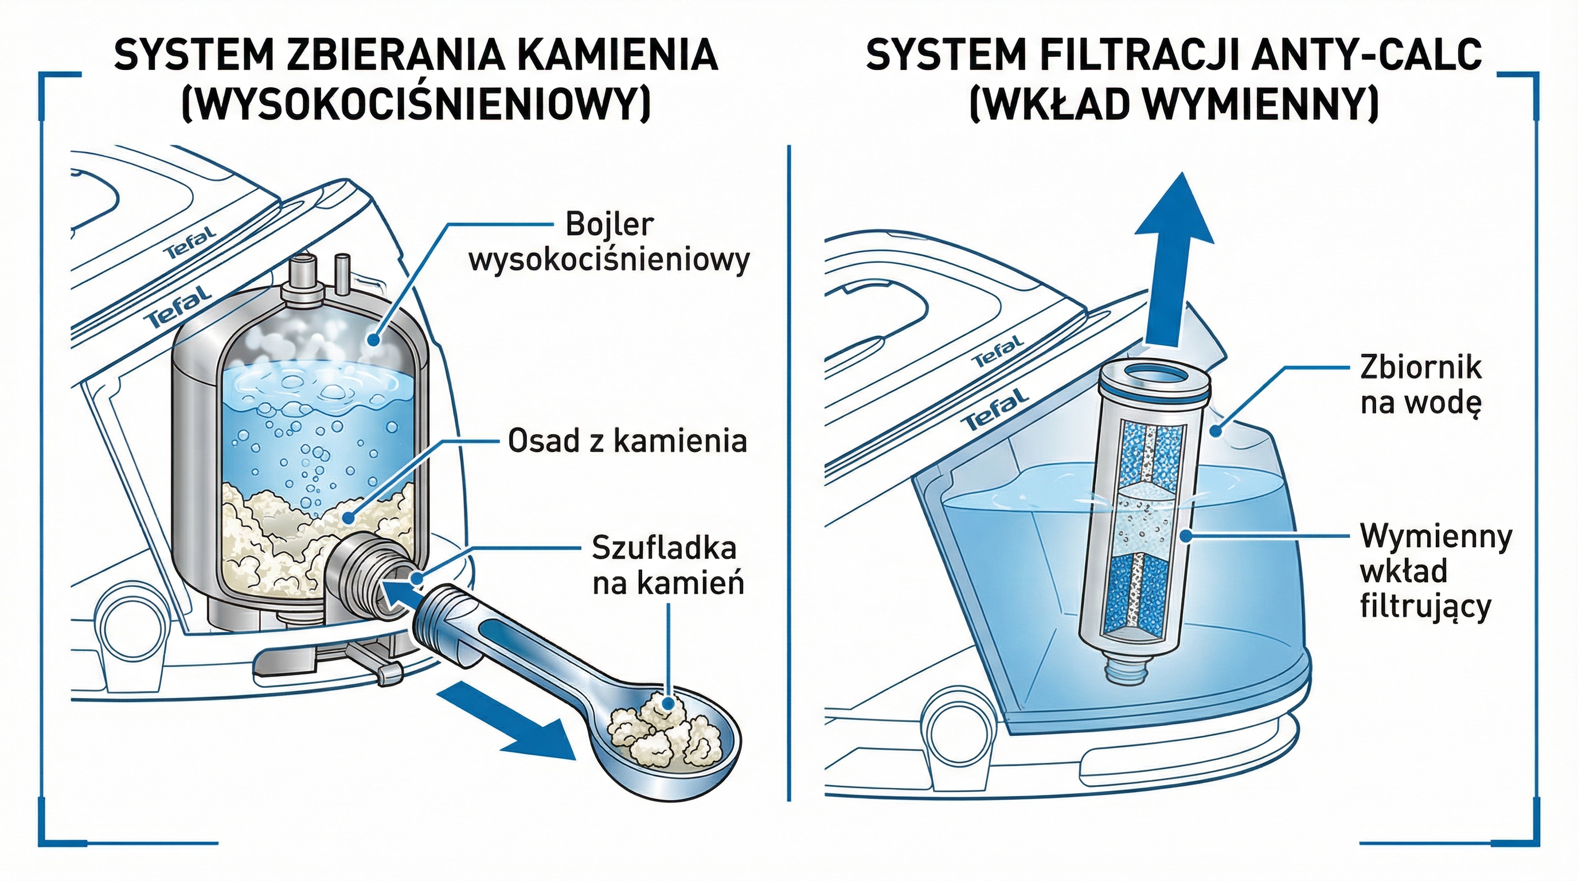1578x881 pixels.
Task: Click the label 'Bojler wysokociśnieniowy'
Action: click(x=609, y=243)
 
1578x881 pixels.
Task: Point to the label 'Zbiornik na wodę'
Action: click(x=1420, y=385)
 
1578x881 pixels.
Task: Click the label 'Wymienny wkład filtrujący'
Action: click(x=1435, y=571)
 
